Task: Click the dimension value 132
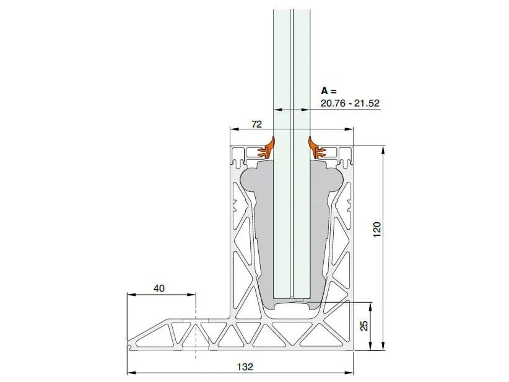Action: click(245, 366)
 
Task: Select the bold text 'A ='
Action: click(329, 90)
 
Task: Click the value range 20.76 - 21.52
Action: click(350, 103)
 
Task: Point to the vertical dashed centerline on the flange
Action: click(196, 328)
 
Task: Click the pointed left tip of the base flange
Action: click(129, 347)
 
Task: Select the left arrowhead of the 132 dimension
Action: click(130, 373)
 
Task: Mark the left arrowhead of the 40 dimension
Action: click(130, 295)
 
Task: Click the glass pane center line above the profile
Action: click(292, 62)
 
